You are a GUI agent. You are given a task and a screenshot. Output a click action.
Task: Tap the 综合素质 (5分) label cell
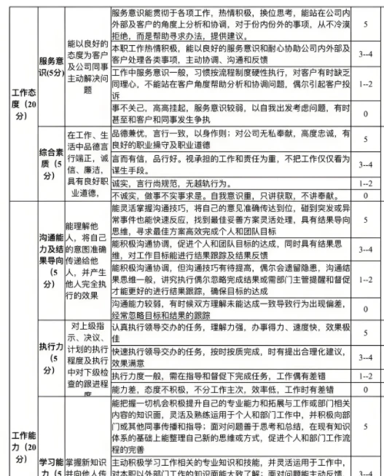pos(50,164)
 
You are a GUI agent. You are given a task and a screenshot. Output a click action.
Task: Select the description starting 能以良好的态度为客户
pos(87,66)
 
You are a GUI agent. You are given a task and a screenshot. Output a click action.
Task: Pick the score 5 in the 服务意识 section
pos(365,24)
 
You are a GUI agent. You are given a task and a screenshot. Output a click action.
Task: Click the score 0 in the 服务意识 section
pos(365,114)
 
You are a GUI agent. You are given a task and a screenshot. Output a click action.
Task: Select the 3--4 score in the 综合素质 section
pos(365,164)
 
